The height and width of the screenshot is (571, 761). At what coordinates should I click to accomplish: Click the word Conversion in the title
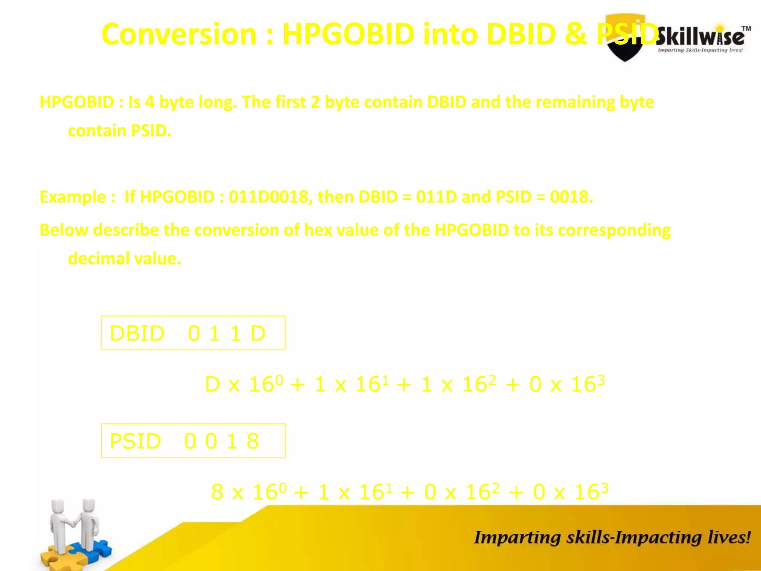click(x=179, y=34)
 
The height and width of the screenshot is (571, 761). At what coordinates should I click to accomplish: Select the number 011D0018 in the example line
click(x=268, y=197)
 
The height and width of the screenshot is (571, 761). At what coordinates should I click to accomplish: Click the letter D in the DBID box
click(x=258, y=333)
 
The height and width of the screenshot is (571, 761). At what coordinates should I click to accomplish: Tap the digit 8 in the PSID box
click(x=253, y=441)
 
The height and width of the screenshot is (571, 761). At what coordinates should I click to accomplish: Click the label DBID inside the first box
click(x=137, y=333)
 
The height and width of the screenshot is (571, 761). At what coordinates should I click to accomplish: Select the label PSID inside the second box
click(x=135, y=441)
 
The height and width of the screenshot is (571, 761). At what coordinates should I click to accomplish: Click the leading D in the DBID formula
click(x=212, y=384)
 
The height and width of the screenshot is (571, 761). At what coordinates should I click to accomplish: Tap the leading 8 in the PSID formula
click(x=217, y=492)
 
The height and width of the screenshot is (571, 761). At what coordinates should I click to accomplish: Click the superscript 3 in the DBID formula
click(x=601, y=380)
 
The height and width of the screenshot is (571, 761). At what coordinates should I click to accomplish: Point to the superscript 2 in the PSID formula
click(x=496, y=487)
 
